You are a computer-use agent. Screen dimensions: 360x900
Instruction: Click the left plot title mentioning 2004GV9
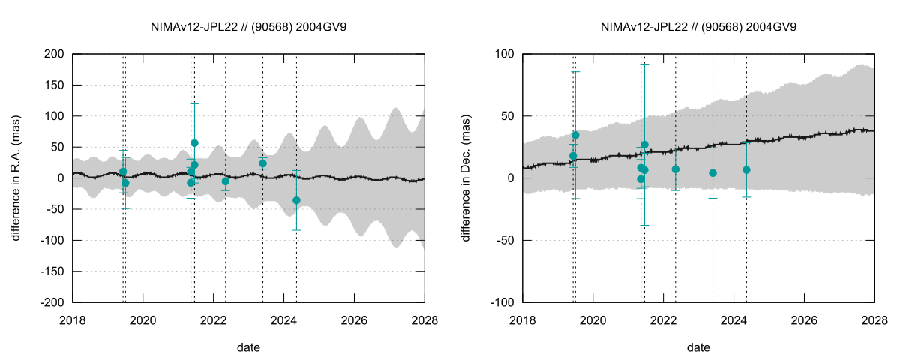click(248, 26)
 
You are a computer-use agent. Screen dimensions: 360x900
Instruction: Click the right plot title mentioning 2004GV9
click(698, 26)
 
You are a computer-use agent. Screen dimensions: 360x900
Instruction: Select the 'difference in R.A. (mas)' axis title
click(16, 178)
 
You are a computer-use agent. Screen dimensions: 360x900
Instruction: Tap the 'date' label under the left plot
click(248, 348)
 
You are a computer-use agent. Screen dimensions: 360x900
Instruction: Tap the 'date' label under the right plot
click(698, 348)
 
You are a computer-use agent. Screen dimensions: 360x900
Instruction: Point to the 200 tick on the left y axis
click(54, 55)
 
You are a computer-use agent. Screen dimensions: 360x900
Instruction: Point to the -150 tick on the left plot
click(51, 271)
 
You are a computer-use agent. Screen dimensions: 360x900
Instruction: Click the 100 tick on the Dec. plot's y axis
click(504, 55)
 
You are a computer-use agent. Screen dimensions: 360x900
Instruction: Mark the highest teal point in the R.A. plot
click(194, 143)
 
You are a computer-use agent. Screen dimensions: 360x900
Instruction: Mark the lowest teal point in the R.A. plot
click(296, 200)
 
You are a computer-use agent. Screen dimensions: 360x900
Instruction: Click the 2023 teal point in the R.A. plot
click(262, 163)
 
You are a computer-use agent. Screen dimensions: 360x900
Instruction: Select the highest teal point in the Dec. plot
click(575, 136)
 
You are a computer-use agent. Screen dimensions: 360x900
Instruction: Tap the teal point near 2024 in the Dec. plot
click(746, 170)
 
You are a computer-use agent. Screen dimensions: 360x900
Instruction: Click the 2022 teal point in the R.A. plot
click(226, 181)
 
